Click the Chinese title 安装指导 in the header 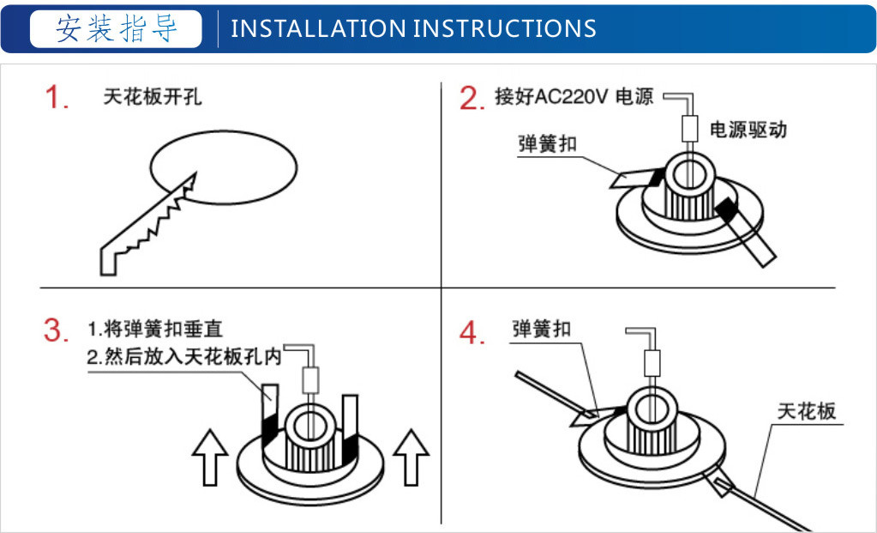coord(117,28)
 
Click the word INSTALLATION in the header coord(318,28)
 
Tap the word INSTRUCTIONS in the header coord(505,28)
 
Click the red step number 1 coord(57,97)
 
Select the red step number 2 coord(472,98)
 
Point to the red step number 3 coord(57,330)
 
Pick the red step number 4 coord(472,333)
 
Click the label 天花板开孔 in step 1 coord(152,97)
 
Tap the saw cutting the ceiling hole coord(148,224)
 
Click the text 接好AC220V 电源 coord(574,96)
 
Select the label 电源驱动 coord(748,130)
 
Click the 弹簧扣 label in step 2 coord(547,144)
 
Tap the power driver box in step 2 coord(690,128)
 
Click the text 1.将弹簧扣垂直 coord(155,329)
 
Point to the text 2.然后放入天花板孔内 coord(184,357)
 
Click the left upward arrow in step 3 coord(210,457)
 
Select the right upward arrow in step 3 coord(411,457)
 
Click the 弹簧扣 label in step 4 coord(542,329)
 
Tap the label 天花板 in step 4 coord(807,411)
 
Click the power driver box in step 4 coord(652,363)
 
